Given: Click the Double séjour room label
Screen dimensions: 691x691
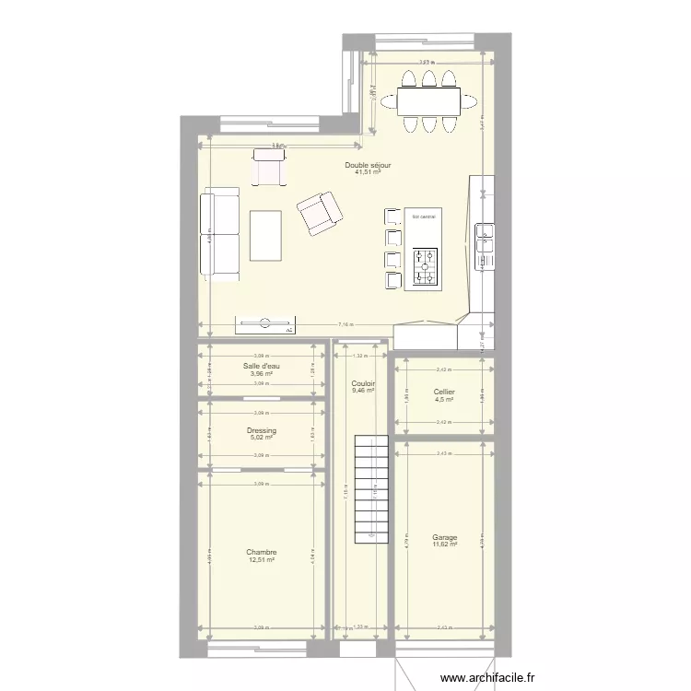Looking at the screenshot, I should [368, 165].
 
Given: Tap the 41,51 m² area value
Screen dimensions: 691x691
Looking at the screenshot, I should [368, 172].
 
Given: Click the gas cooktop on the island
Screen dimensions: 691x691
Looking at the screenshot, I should [426, 267].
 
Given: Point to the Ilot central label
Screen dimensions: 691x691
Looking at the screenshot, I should [425, 216].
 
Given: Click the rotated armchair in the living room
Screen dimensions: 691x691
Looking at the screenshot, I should [319, 213].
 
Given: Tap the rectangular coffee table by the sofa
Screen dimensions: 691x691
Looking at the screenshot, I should [265, 235].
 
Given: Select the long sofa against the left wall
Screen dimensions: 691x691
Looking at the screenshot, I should [220, 232].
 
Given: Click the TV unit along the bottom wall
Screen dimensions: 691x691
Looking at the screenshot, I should [265, 323].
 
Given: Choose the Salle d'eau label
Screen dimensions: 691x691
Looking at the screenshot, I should [262, 367].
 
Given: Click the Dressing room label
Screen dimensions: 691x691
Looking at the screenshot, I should [262, 430].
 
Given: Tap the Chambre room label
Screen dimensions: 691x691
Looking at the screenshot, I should [262, 553].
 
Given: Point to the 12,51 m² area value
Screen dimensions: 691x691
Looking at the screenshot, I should [262, 560].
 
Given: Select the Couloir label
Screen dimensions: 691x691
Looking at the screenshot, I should [362, 383].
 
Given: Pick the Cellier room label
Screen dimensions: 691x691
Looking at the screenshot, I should [444, 392].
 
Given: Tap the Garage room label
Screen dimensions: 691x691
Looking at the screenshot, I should [444, 537].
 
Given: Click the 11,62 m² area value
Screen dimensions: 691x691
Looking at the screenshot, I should [444, 545].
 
